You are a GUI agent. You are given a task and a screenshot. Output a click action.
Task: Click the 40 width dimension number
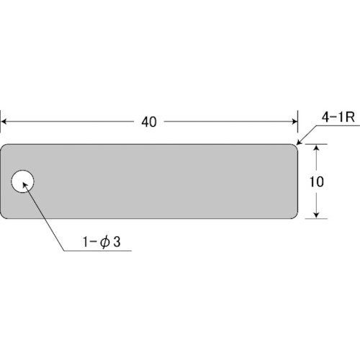pyautogui.click(x=149, y=122)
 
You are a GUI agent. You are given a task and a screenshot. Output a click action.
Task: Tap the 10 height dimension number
pyautogui.click(x=317, y=181)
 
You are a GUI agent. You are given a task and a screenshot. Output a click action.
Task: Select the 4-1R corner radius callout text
pyautogui.click(x=338, y=117)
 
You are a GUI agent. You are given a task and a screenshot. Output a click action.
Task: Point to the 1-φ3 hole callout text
pyautogui.click(x=102, y=241)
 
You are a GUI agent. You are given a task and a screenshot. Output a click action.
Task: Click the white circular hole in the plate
pyautogui.click(x=22, y=181)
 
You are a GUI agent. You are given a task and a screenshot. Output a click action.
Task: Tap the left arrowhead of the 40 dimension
pyautogui.click(x=4, y=122)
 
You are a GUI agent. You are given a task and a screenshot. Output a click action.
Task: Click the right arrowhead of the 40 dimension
pyautogui.click(x=295, y=122)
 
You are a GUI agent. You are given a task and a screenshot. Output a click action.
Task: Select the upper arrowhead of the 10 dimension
pyautogui.click(x=317, y=148)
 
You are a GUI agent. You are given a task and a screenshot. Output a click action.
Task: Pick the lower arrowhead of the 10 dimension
pyautogui.click(x=317, y=215)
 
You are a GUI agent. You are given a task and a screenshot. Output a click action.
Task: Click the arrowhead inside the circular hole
pyautogui.click(x=25, y=185)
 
